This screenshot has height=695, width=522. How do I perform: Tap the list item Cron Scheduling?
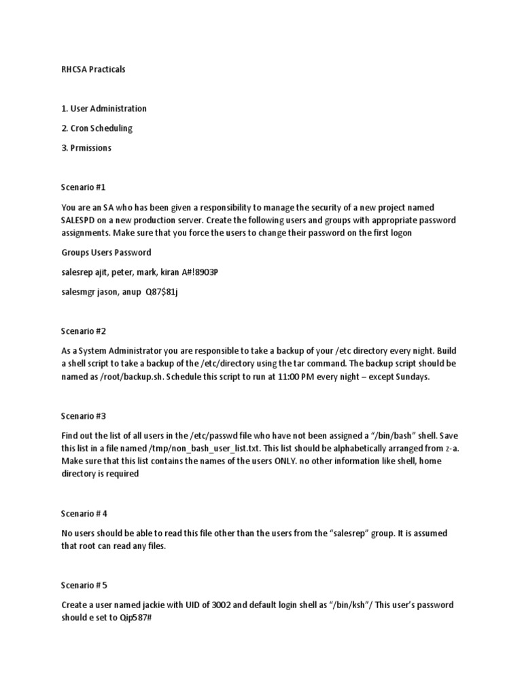point(101,128)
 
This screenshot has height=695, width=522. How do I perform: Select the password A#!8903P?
point(199,272)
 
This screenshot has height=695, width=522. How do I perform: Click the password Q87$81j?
point(162,292)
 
